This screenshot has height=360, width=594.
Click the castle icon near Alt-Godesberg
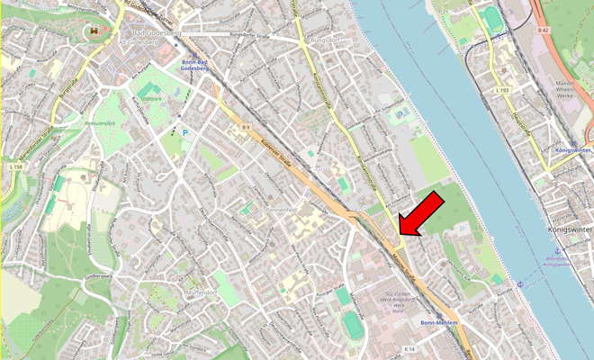tap(93, 31)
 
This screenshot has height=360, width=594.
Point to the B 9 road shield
tap(245, 128)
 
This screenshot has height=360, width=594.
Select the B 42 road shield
tap(542, 31)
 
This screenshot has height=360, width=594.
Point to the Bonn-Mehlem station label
tap(440, 322)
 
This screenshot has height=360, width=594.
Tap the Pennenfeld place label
tap(282, 208)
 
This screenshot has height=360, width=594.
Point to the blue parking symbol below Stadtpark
tap(186, 133)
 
